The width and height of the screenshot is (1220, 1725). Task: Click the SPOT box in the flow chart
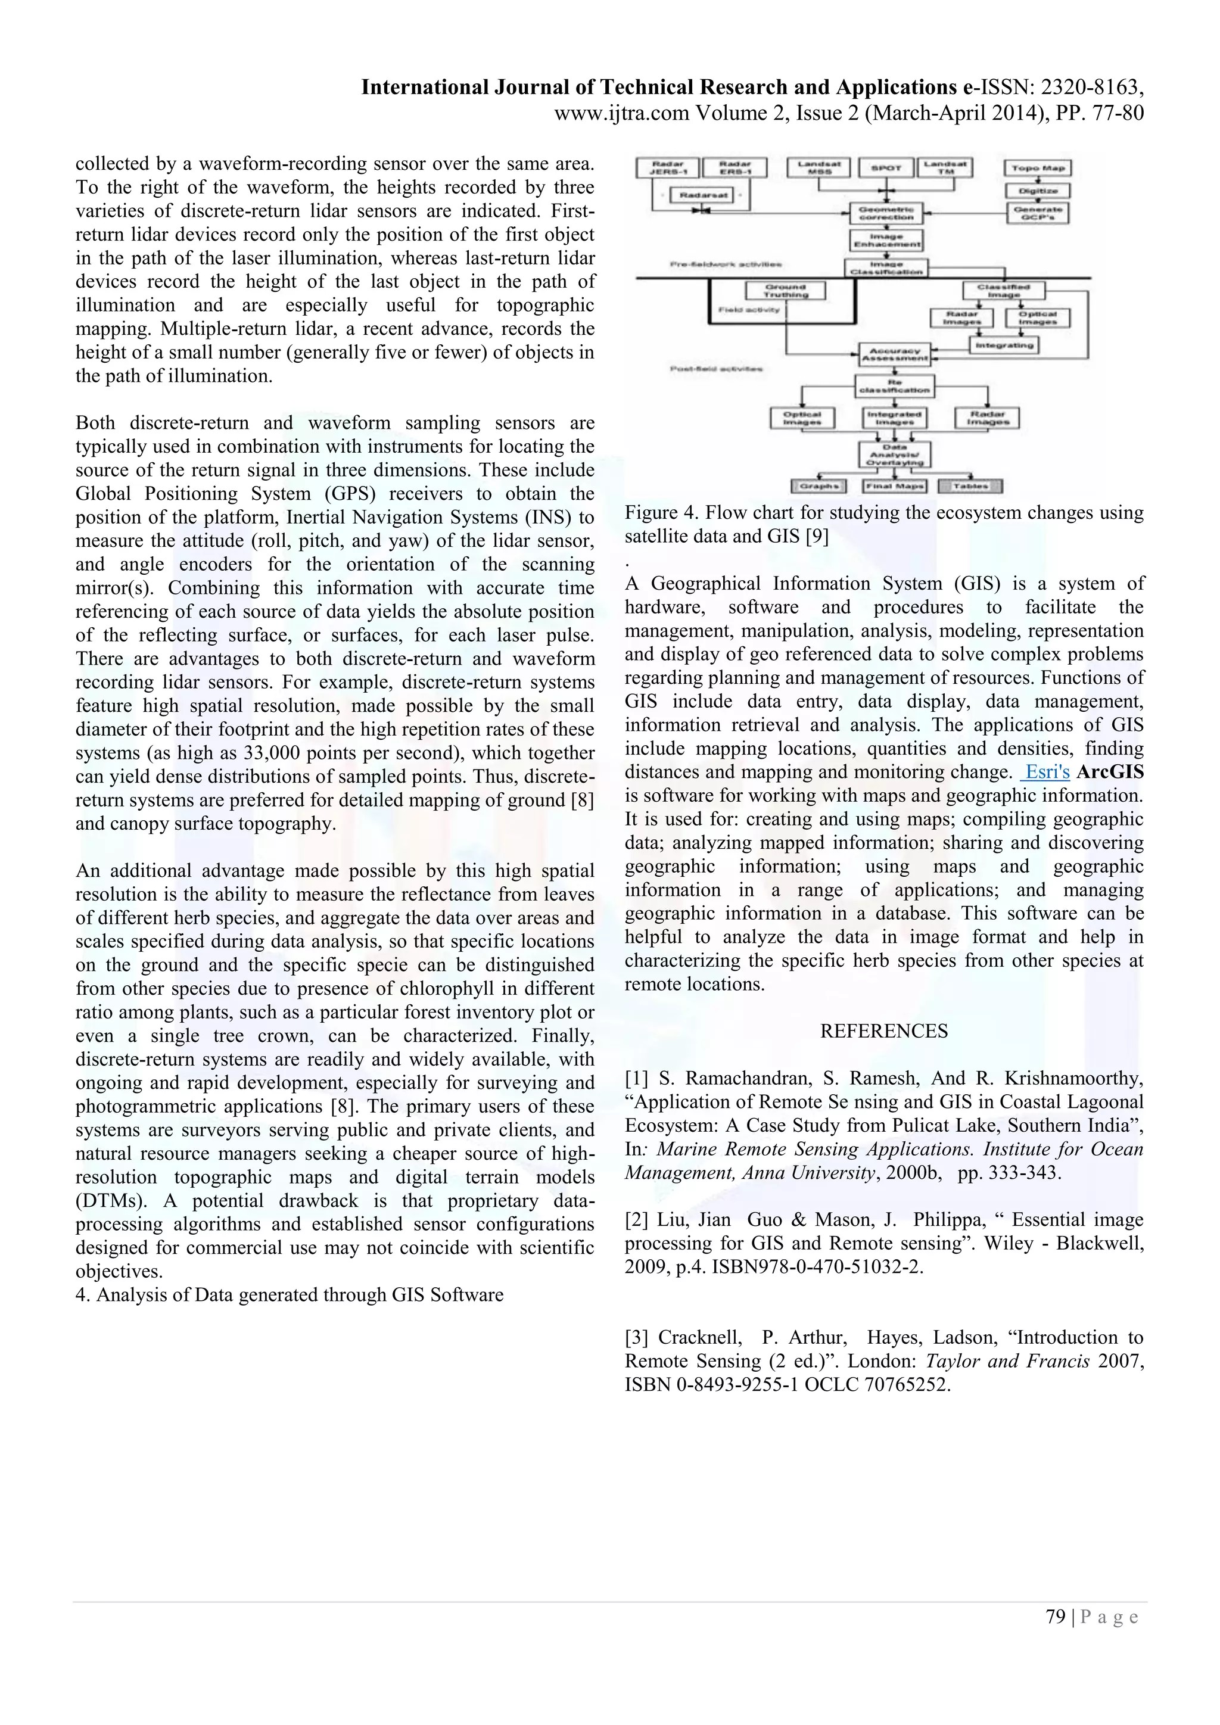tap(886, 169)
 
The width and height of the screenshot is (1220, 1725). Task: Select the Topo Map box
tap(1038, 169)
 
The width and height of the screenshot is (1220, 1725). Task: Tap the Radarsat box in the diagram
tap(704, 195)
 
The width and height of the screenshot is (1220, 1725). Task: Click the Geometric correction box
tap(886, 213)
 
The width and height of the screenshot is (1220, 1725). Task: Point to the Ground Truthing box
tap(786, 291)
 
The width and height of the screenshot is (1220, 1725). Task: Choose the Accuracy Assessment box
tap(895, 354)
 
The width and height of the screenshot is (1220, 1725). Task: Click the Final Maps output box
tap(894, 487)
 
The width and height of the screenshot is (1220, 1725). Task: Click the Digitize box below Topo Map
tap(1038, 191)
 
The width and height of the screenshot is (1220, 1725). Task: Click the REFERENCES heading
tap(883, 1031)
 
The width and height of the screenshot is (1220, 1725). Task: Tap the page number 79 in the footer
tap(1056, 1617)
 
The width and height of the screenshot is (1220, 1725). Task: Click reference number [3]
tap(638, 1337)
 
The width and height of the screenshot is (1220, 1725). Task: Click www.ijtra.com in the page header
tap(621, 113)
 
